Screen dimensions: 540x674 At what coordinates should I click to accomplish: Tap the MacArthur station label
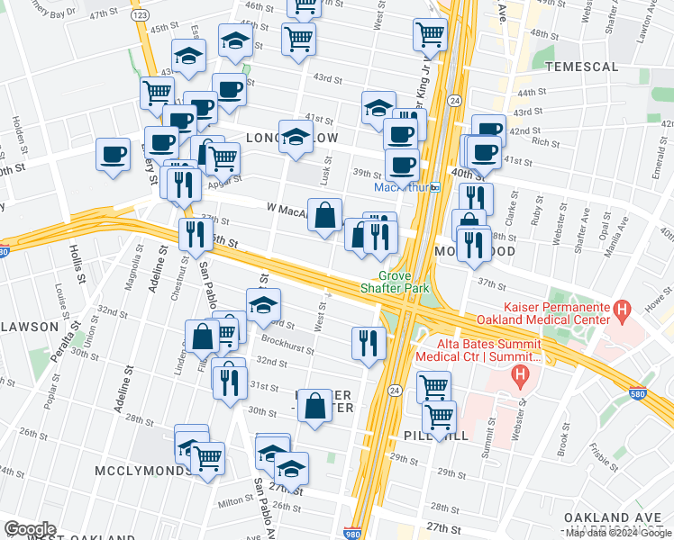click(x=400, y=187)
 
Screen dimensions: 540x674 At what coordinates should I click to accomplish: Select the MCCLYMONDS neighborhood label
click(x=134, y=471)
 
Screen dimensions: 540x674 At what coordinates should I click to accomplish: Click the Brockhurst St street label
click(x=286, y=345)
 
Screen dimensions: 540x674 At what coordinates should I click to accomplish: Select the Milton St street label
click(x=235, y=500)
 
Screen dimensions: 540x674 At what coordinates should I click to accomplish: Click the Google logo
click(x=30, y=529)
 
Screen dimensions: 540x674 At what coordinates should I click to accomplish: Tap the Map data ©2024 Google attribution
click(x=617, y=533)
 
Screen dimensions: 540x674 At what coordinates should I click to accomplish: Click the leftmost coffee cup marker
click(x=114, y=154)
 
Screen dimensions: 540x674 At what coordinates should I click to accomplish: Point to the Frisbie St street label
click(x=651, y=461)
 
